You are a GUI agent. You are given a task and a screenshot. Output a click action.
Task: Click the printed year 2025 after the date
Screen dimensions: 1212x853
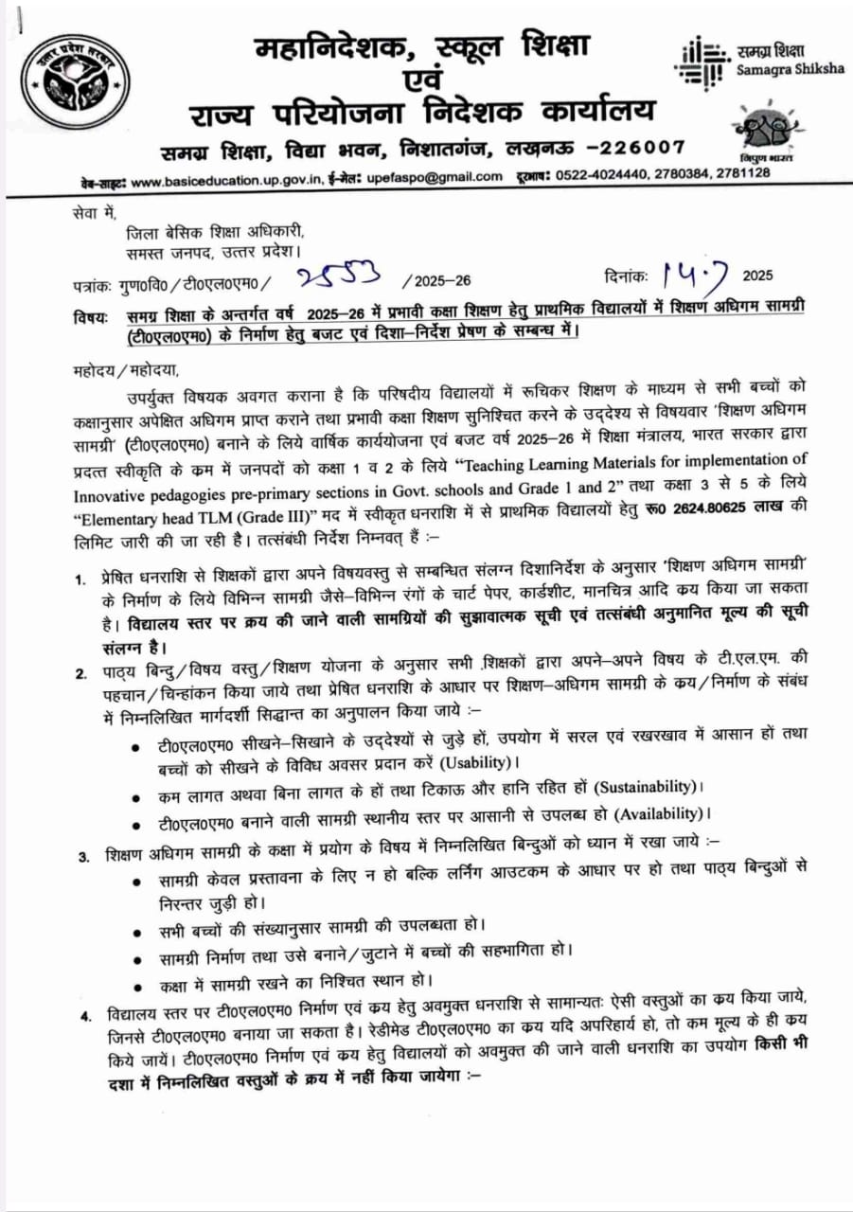click(757, 276)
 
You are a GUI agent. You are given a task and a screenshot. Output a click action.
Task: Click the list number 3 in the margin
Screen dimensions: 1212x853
click(84, 857)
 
